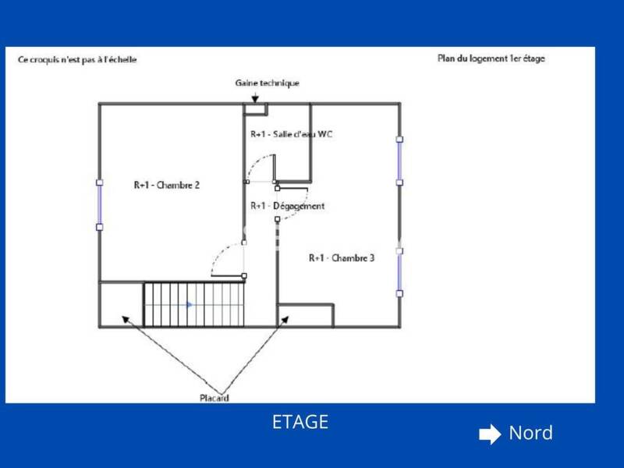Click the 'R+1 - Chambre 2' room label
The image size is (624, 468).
(167, 185)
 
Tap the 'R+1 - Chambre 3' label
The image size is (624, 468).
(342, 258)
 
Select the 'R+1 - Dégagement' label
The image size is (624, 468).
(287, 206)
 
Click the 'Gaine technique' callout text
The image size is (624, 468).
(267, 83)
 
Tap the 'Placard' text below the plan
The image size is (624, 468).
(214, 398)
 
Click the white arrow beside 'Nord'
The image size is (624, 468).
(490, 434)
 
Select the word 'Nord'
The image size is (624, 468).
(531, 433)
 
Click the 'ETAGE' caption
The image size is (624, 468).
(300, 422)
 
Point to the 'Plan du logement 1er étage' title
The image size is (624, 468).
(491, 58)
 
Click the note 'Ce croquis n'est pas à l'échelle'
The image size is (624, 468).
(77, 60)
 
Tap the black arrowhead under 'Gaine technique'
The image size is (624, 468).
(255, 98)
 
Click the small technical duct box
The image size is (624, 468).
(255, 109)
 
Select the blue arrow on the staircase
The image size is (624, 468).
(190, 305)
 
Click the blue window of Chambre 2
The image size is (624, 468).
(100, 204)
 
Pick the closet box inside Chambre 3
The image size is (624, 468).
(305, 316)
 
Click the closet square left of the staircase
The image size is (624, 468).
(122, 304)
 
